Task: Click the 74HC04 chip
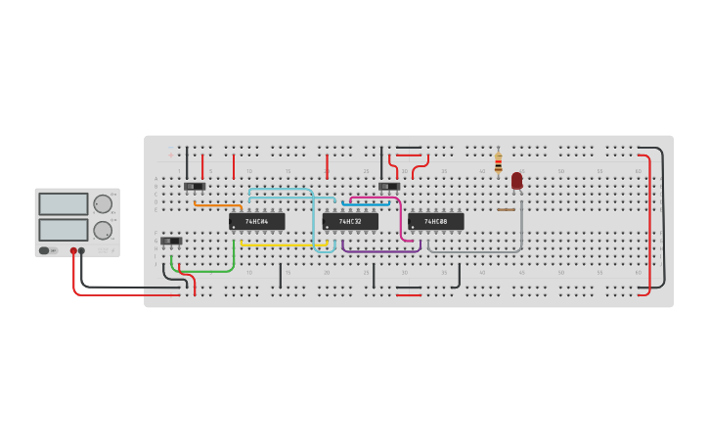pyautogui.click(x=256, y=222)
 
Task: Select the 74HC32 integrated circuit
pyautogui.click(x=350, y=222)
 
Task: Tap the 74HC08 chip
pyautogui.click(x=435, y=222)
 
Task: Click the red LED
pyautogui.click(x=516, y=181)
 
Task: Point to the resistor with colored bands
pyautogui.click(x=498, y=162)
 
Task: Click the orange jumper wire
pyautogui.click(x=217, y=205)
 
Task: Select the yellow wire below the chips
pyautogui.click(x=284, y=244)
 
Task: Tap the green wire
pyautogui.click(x=205, y=270)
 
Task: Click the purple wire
pyautogui.click(x=381, y=251)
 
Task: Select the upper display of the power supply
pyautogui.click(x=64, y=203)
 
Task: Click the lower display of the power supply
pyautogui.click(x=64, y=230)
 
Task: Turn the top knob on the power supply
pyautogui.click(x=102, y=203)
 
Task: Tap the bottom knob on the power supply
pyautogui.click(x=102, y=230)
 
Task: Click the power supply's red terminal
pyautogui.click(x=73, y=251)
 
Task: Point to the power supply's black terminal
pyautogui.click(x=81, y=251)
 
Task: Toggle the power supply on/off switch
pyautogui.click(x=45, y=251)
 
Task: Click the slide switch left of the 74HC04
pyautogui.click(x=195, y=186)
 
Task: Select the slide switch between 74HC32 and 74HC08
pyautogui.click(x=389, y=186)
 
